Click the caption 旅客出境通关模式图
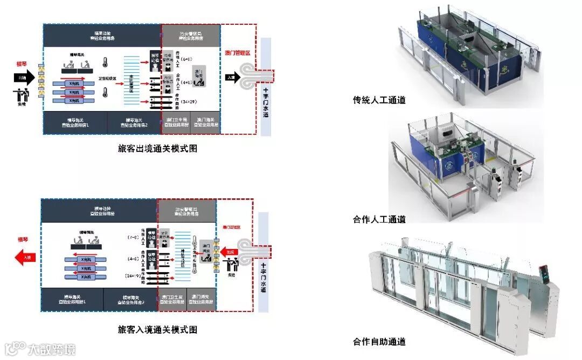coord(157,149)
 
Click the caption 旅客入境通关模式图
coord(157,329)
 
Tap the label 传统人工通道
coord(379,100)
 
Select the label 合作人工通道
coord(379,219)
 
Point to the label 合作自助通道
coord(379,342)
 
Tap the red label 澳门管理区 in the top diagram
coord(237,53)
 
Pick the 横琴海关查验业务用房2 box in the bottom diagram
coord(129,300)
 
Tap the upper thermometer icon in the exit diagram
coord(105,63)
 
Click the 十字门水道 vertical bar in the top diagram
coord(266,86)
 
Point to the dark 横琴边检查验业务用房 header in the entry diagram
coord(99,211)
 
